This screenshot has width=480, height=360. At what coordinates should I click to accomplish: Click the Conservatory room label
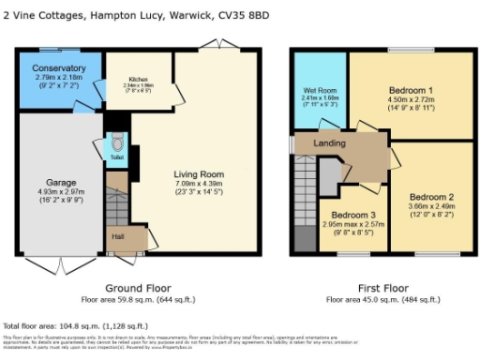pyautogui.click(x=58, y=68)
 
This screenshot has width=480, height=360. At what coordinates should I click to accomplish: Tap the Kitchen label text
pyautogui.click(x=138, y=79)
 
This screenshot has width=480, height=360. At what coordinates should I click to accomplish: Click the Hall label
pyautogui.click(x=117, y=236)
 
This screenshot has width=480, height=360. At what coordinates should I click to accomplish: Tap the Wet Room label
pyautogui.click(x=319, y=90)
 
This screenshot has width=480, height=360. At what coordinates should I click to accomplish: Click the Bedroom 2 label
pyautogui.click(x=431, y=197)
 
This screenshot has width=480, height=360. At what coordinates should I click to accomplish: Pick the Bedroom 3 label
pyautogui.click(x=349, y=216)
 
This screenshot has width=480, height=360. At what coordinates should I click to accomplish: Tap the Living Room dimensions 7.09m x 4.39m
pyautogui.click(x=198, y=184)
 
